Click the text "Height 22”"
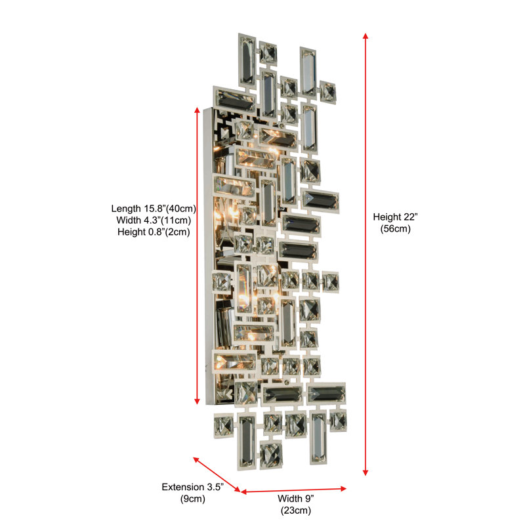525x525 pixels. pyautogui.click(x=395, y=217)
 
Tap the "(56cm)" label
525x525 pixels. pyautogui.click(x=395, y=229)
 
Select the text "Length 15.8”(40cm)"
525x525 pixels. pyautogui.click(x=154, y=209)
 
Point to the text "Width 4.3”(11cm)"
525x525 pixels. pyautogui.click(x=154, y=220)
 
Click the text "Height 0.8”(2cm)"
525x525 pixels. pyautogui.click(x=154, y=232)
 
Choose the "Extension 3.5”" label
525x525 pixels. pyautogui.click(x=192, y=487)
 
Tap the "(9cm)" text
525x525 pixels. pyautogui.click(x=192, y=499)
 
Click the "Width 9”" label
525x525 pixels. pyautogui.click(x=296, y=499)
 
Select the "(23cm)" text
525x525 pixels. pyautogui.click(x=296, y=511)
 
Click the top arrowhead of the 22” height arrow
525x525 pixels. pyautogui.click(x=366, y=36)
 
